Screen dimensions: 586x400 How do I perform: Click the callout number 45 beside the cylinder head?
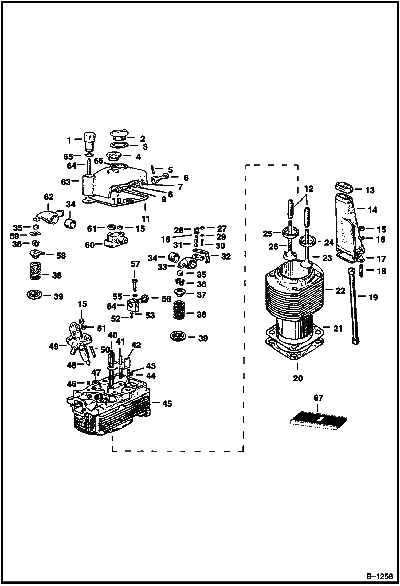pyautogui.click(x=167, y=404)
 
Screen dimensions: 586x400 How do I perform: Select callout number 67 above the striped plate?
pyautogui.click(x=318, y=406)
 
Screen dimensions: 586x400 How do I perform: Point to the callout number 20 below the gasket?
pyautogui.click(x=298, y=378)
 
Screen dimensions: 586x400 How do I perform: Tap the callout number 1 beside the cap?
pyautogui.click(x=69, y=140)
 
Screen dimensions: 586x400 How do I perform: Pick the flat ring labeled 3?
pyautogui.click(x=119, y=146)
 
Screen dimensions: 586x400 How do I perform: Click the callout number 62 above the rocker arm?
pyautogui.click(x=49, y=197)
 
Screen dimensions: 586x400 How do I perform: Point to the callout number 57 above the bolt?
pyautogui.click(x=135, y=264)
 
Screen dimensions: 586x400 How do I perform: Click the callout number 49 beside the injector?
pyautogui.click(x=54, y=346)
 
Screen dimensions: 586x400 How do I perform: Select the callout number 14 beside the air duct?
pyautogui.click(x=372, y=210)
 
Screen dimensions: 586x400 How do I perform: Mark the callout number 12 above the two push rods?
pyautogui.click(x=308, y=189)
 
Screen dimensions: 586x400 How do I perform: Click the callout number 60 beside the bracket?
pyautogui.click(x=90, y=245)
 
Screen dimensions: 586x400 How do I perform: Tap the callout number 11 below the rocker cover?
pyautogui.click(x=146, y=219)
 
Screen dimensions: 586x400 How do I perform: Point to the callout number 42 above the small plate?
pyautogui.click(x=136, y=345)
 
